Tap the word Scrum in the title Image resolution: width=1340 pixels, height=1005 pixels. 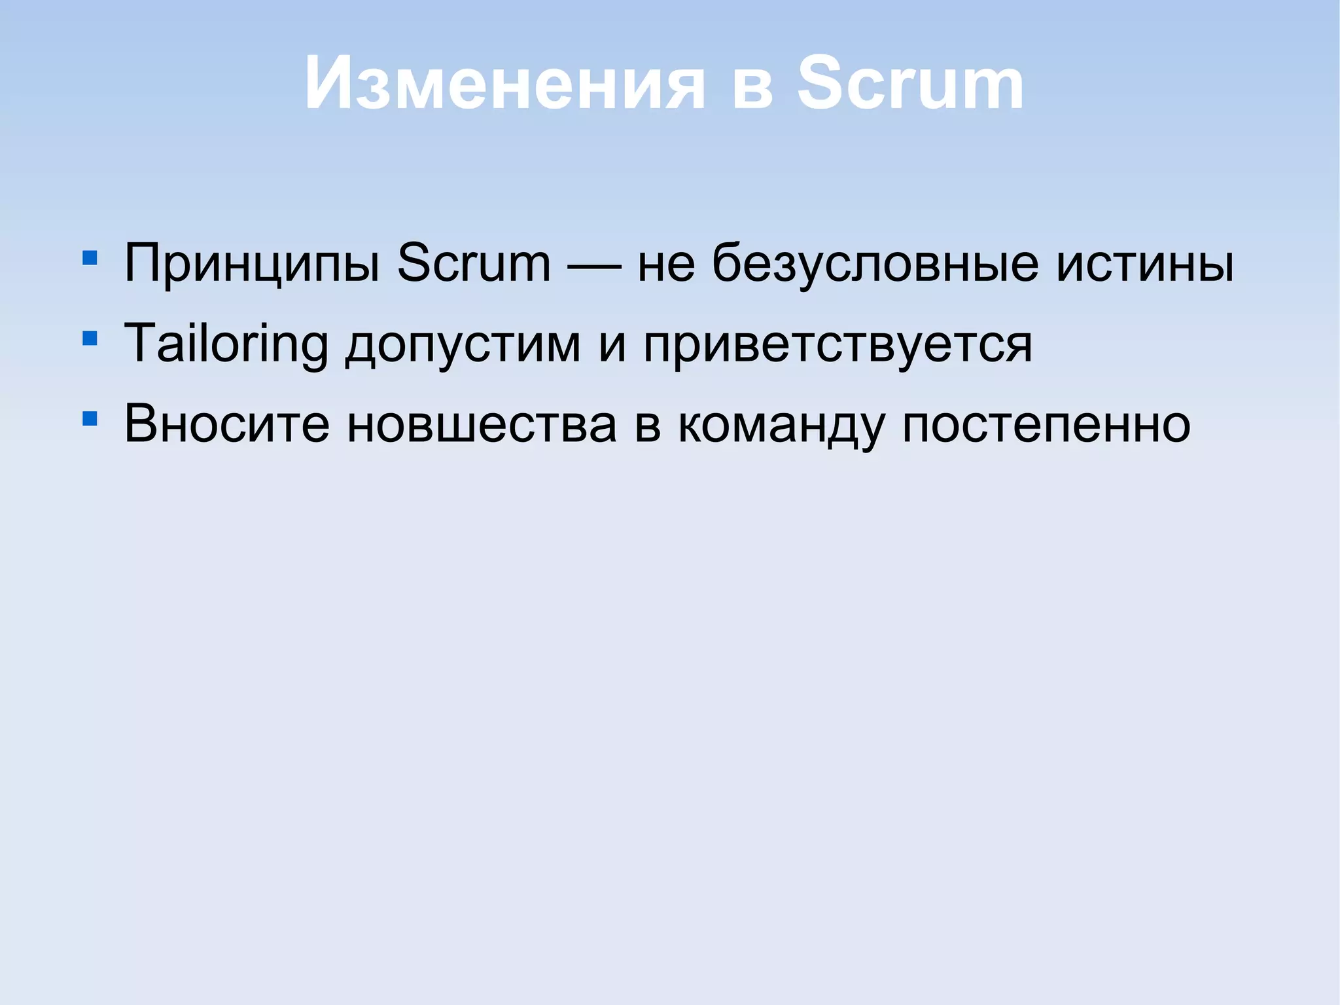point(910,83)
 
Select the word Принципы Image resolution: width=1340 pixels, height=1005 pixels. point(252,264)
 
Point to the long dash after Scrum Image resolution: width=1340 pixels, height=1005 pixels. point(594,266)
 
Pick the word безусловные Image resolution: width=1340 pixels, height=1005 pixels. point(875,264)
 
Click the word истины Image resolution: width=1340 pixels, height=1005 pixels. point(1145,264)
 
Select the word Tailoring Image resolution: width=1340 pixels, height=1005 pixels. point(226,343)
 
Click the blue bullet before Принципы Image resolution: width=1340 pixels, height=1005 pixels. point(90,257)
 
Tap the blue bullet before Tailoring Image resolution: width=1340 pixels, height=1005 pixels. point(90,338)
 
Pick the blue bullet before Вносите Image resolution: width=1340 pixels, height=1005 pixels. point(90,418)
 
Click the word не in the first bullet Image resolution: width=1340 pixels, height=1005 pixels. point(666,264)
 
